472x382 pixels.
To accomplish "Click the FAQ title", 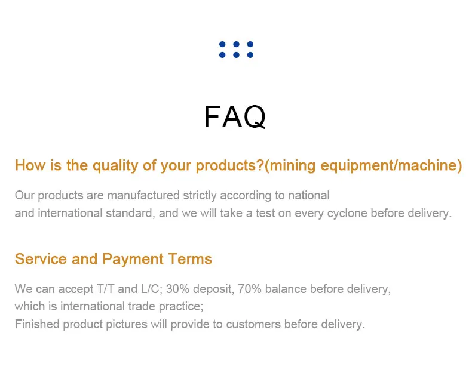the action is (235, 117).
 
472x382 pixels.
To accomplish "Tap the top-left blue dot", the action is (222, 44).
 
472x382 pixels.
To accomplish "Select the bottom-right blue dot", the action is (250, 55).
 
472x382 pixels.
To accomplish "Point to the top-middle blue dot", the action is (237, 44).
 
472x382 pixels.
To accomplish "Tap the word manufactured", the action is (143, 196).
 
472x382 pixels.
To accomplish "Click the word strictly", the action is (200, 196).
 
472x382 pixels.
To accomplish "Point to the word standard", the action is (130, 213).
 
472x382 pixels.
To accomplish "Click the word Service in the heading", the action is (41, 259).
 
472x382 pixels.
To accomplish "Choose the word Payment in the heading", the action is (133, 259).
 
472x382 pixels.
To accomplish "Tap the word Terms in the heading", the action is (190, 259).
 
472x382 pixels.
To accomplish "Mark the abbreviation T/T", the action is (106, 289).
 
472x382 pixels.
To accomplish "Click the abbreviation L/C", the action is (151, 289).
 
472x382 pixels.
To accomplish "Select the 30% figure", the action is (177, 289).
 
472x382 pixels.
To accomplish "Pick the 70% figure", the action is (250, 289).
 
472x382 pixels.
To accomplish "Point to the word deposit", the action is (213, 289).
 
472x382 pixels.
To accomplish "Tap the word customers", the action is (253, 325).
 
